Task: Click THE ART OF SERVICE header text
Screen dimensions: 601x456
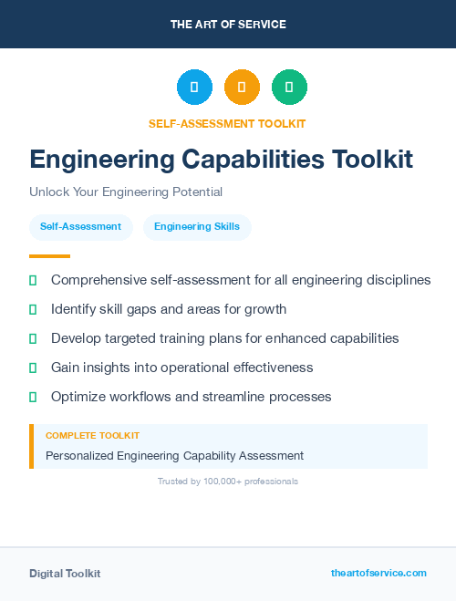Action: point(228,25)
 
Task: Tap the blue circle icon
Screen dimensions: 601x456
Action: point(194,88)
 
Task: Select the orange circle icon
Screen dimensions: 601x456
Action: point(242,88)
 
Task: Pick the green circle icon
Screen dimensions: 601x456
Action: point(289,88)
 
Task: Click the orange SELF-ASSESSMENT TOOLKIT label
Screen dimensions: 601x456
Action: point(227,123)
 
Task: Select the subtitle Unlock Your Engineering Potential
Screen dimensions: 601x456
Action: point(126,192)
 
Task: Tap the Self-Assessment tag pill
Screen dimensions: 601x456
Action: point(80,227)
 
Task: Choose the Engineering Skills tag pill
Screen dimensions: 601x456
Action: point(197,227)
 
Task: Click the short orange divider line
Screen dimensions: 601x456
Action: point(49,256)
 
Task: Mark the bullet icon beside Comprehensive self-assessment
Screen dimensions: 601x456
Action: point(33,281)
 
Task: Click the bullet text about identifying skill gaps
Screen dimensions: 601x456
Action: point(169,309)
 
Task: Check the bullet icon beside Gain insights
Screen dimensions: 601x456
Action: point(33,368)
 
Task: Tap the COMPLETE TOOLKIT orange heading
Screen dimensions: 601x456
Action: point(92,436)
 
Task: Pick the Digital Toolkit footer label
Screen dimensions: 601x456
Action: point(65,574)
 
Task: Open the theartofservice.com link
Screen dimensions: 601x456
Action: point(378,573)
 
